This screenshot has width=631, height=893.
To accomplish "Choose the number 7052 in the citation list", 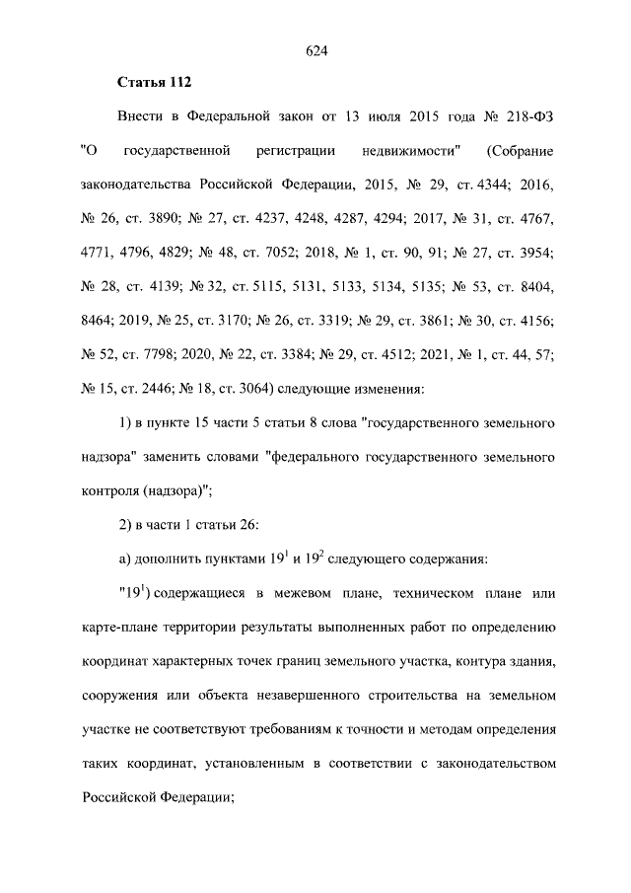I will (277, 253).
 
